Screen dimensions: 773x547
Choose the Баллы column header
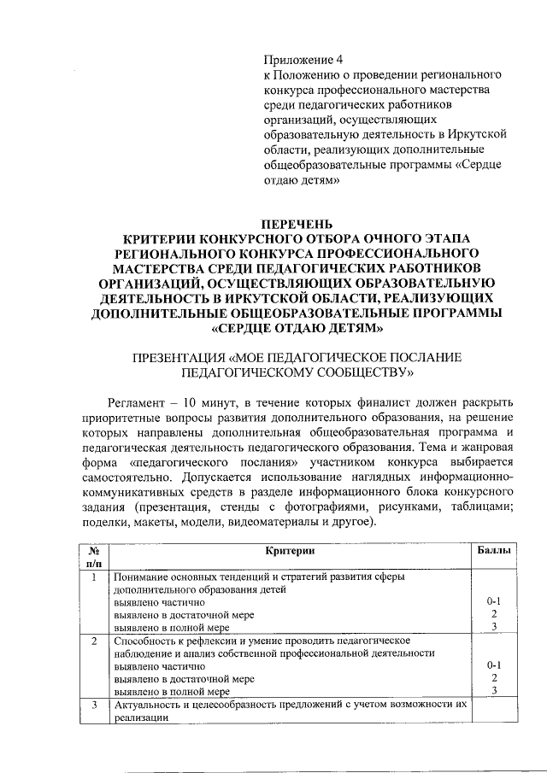tap(494, 553)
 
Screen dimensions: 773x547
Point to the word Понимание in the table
tap(139, 577)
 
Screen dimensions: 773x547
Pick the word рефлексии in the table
tap(210, 640)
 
